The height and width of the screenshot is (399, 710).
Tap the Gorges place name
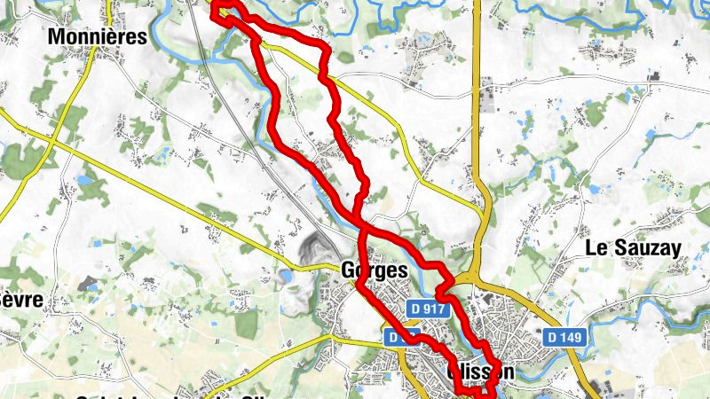[375, 270]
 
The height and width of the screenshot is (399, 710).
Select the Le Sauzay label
[634, 249]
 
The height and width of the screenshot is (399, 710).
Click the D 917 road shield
[427, 308]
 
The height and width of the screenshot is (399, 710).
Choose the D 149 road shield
[564, 337]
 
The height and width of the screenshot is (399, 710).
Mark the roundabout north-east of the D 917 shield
[480, 282]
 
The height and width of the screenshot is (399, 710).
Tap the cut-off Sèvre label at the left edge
[20, 300]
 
